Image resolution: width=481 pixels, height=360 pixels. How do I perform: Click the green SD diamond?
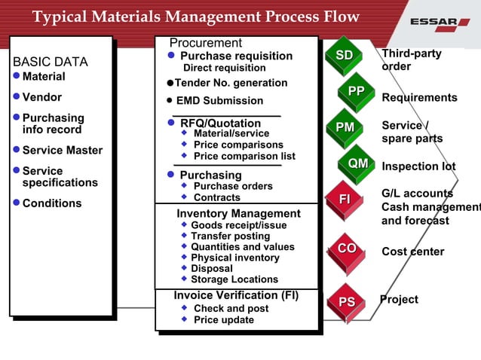click(344, 55)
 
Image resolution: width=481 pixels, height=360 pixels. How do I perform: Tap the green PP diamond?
click(356, 91)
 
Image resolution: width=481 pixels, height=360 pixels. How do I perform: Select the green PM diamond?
click(345, 127)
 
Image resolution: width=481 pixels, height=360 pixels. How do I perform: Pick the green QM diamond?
click(357, 163)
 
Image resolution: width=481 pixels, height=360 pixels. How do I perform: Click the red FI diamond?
click(345, 199)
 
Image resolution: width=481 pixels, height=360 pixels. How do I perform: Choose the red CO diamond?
click(347, 249)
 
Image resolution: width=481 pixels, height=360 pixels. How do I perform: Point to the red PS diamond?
click(346, 302)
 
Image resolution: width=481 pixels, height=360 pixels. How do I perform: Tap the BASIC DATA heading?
click(50, 62)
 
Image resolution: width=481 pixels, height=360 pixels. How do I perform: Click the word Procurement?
click(205, 43)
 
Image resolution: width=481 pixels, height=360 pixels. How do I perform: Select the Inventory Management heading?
click(238, 214)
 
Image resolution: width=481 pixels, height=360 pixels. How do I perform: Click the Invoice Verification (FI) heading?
click(236, 295)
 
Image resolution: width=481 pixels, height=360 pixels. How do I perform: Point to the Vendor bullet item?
click(42, 97)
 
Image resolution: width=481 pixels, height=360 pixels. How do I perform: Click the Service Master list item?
click(62, 151)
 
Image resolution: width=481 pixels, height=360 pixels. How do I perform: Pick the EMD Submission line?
click(219, 100)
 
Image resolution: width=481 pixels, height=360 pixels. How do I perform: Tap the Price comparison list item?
click(244, 156)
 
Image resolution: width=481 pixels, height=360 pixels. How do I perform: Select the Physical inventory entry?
click(234, 258)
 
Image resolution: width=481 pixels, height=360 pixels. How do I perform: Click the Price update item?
click(223, 320)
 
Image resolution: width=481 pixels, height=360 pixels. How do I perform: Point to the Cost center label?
click(412, 252)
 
